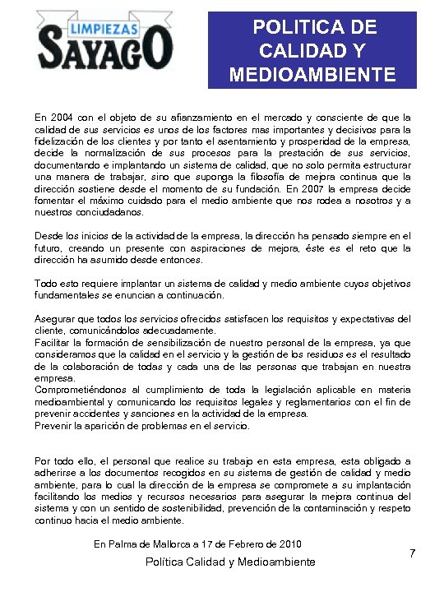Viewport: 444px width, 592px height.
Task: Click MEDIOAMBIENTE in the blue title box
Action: (x=312, y=76)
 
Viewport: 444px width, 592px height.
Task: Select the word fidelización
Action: (x=62, y=141)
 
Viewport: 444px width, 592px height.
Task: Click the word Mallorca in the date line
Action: (x=171, y=544)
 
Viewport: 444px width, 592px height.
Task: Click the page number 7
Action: (x=412, y=554)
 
